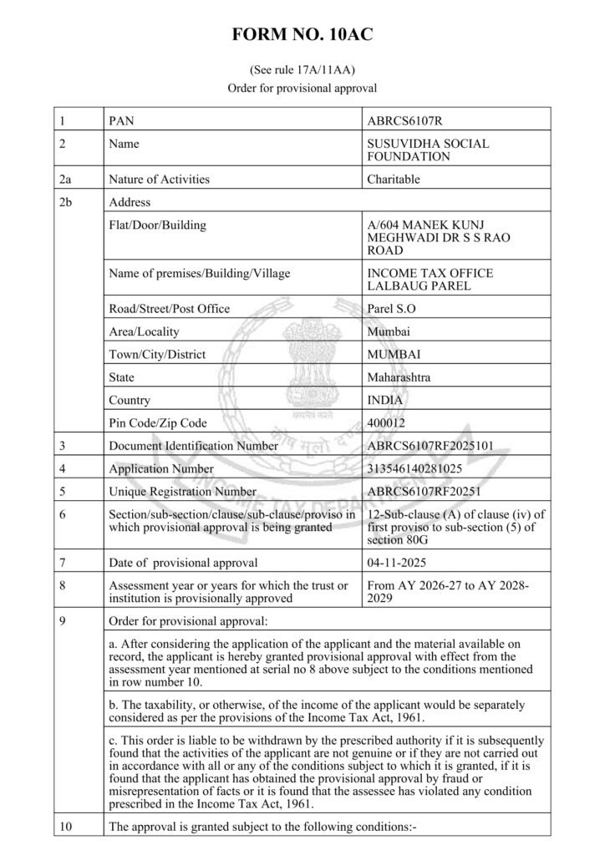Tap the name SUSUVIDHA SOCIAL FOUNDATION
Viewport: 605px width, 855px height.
428,149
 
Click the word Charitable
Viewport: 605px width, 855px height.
394,179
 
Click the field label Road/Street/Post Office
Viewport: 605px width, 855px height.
170,309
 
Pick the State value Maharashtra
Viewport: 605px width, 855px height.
399,377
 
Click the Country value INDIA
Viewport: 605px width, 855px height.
384,401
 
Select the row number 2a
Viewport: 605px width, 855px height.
66,179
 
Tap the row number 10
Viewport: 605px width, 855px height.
66,827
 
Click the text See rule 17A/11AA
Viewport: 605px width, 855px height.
302,70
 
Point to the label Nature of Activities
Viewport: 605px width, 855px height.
160,179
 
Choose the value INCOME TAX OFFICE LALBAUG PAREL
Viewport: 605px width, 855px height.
430,280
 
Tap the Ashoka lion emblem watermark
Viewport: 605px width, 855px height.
302,359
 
